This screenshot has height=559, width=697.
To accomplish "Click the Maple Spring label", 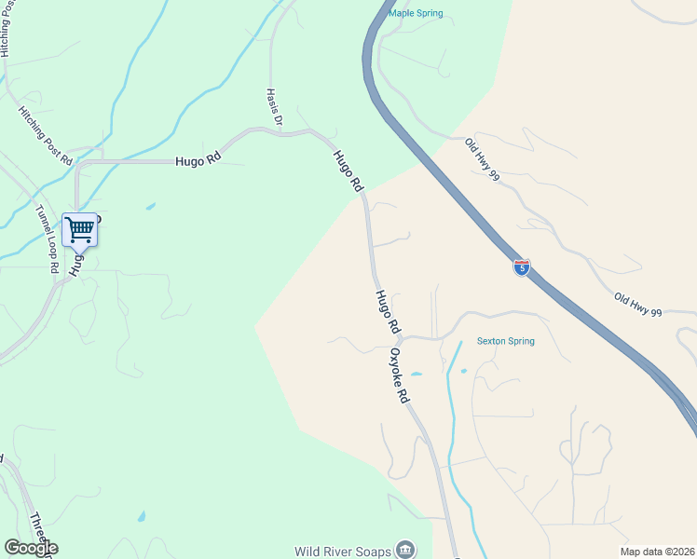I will [415, 13].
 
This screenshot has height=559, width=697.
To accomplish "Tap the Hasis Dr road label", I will [274, 108].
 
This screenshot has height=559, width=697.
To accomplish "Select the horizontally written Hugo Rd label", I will [198, 160].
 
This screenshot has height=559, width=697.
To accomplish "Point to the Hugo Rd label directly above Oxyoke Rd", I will [388, 313].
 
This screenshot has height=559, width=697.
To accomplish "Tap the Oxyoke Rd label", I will [400, 375].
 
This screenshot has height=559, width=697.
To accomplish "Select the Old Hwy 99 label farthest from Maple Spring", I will [637, 305].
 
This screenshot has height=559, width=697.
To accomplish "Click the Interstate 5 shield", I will [522, 268].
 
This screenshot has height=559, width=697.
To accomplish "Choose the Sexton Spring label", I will [506, 341].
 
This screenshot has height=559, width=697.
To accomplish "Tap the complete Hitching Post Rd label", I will [45, 135].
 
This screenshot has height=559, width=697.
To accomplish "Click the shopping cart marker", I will [79, 228].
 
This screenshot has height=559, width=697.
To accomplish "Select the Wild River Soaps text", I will [343, 551].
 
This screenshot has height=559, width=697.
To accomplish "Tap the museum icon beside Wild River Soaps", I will [405, 550].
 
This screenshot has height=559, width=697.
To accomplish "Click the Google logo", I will [30, 548].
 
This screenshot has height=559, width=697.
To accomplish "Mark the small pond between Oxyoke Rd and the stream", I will [416, 375].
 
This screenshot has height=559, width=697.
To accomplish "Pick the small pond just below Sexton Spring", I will [463, 371].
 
